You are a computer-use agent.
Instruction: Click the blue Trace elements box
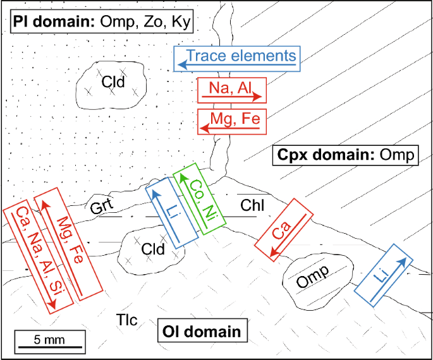point(236,58)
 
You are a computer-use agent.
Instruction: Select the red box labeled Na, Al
point(231,91)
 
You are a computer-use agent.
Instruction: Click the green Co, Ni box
point(199,196)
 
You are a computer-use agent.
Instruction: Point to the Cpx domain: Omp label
point(344,155)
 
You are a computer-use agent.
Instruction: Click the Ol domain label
point(202,331)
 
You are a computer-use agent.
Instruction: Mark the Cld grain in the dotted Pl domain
point(113,83)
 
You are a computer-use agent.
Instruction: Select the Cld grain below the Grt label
point(152,249)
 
